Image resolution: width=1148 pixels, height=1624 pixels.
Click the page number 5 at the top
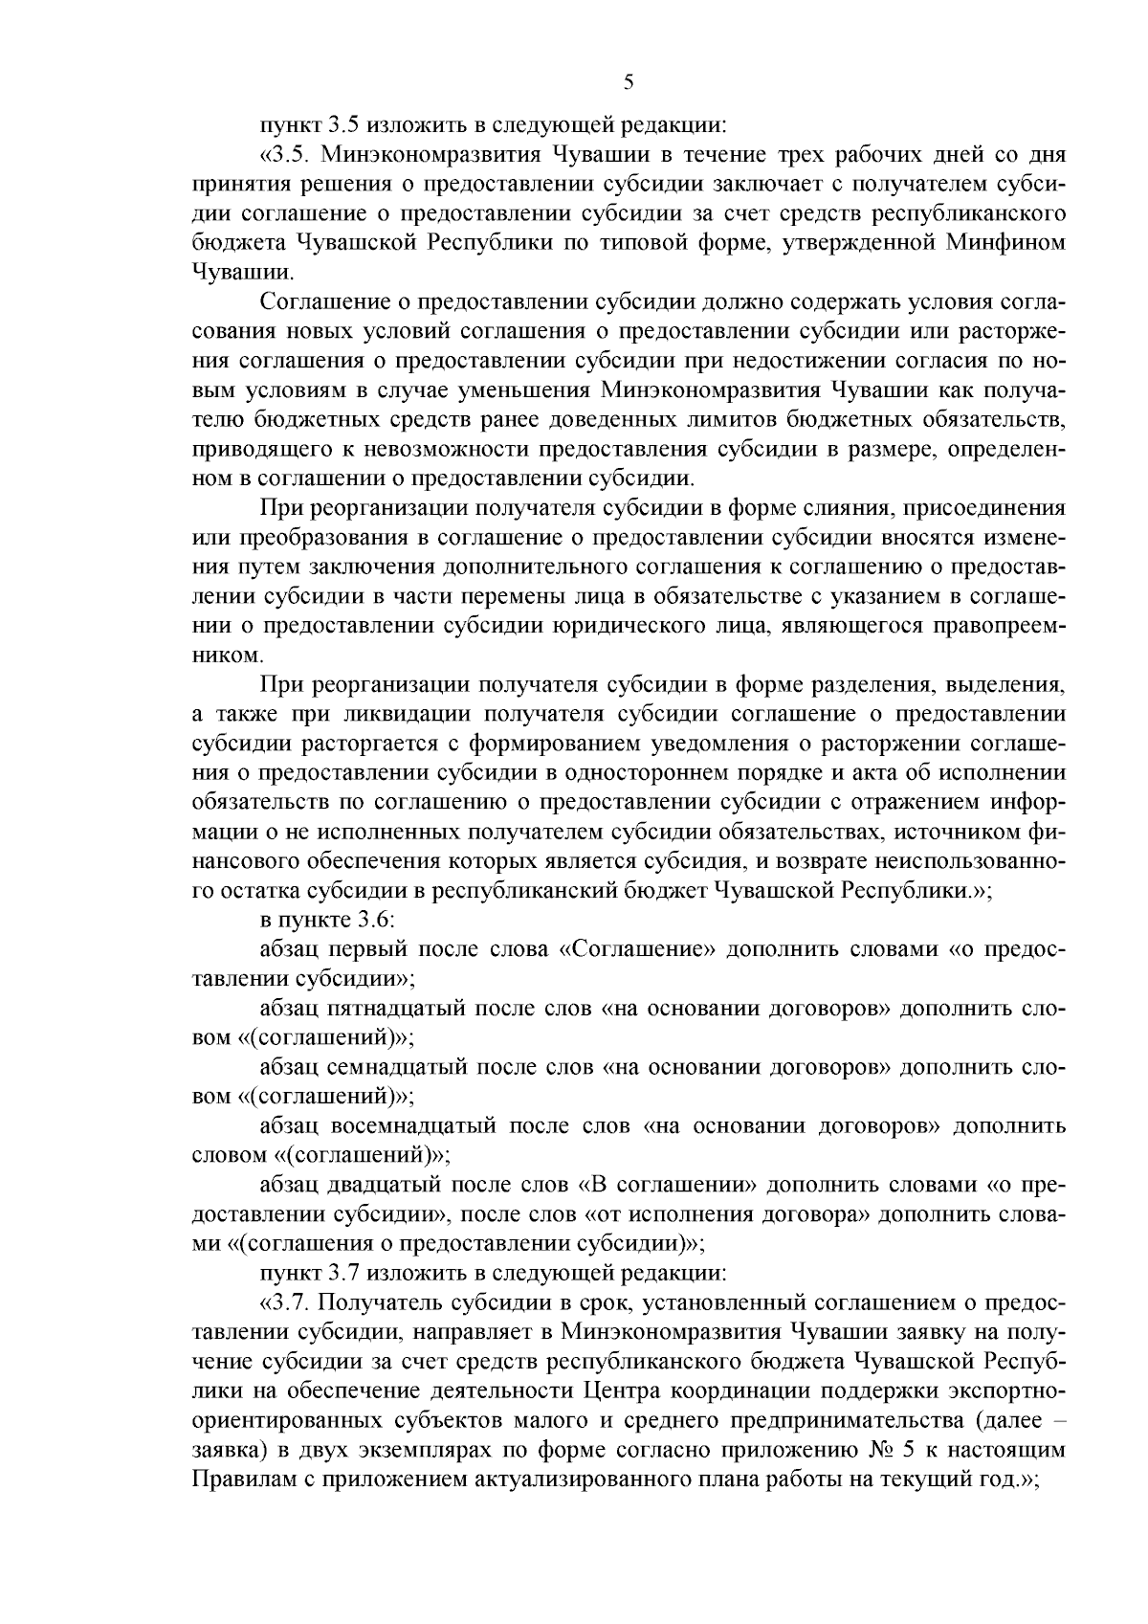coord(629,82)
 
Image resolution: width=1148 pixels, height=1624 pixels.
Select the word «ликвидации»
coord(403,715)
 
